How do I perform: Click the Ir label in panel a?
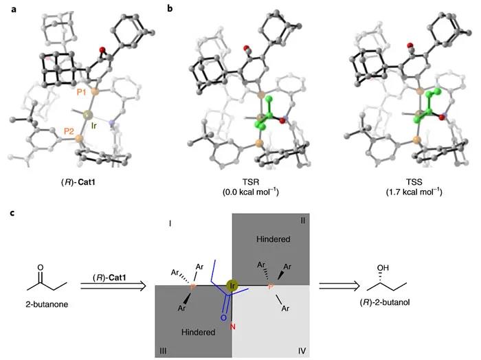click(94, 126)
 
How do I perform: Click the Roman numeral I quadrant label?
click(170, 223)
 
